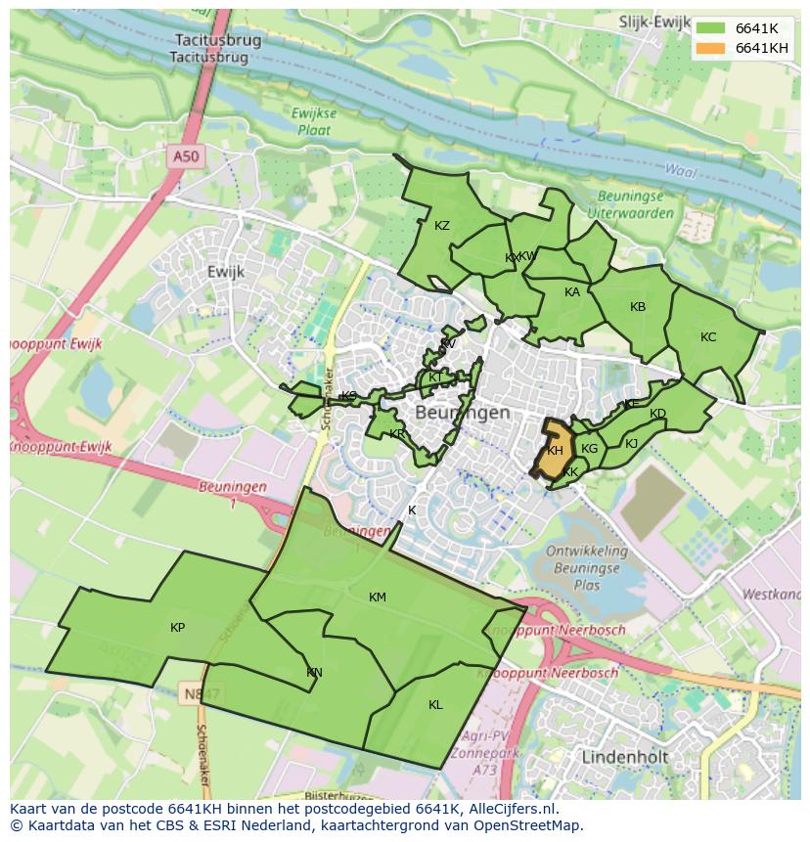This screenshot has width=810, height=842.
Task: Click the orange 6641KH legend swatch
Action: pyautogui.click(x=712, y=48)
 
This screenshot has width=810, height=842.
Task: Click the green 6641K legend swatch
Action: pyautogui.click(x=712, y=28)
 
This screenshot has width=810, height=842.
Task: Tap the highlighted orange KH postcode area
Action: pyautogui.click(x=555, y=451)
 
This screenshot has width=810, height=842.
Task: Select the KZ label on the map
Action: pyautogui.click(x=442, y=226)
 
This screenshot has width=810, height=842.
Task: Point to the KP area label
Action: pyautogui.click(x=177, y=628)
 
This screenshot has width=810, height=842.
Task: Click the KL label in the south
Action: pyautogui.click(x=435, y=704)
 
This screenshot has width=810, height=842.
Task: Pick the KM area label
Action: pyautogui.click(x=378, y=598)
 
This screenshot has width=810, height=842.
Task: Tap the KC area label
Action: pyautogui.click(x=708, y=337)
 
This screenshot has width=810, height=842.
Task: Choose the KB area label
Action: pyautogui.click(x=638, y=307)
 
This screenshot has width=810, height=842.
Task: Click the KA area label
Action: pyautogui.click(x=572, y=292)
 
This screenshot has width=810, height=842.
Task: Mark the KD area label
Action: pyautogui.click(x=657, y=414)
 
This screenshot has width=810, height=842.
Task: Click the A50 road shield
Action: pyautogui.click(x=185, y=156)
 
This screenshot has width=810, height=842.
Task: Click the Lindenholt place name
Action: pyautogui.click(x=624, y=758)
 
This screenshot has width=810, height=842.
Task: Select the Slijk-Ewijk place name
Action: pyautogui.click(x=655, y=21)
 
